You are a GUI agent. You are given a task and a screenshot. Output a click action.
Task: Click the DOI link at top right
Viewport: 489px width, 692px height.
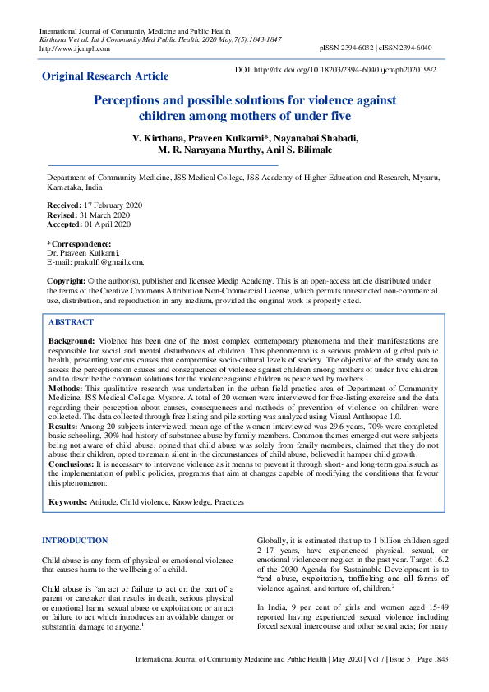pyautogui.click(x=347, y=71)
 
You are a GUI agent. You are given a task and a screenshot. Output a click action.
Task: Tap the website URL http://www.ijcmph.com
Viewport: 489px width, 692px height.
pyautogui.click(x=75, y=48)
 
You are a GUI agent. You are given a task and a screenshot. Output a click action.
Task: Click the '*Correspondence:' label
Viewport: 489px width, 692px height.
pyautogui.click(x=79, y=243)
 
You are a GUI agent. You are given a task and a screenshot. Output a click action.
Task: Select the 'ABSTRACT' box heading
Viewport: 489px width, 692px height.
pyautogui.click(x=71, y=322)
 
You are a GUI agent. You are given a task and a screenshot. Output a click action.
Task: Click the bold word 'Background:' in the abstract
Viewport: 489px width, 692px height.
pyautogui.click(x=72, y=339)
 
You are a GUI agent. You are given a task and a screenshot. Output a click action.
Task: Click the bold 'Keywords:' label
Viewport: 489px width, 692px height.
pyautogui.click(x=70, y=501)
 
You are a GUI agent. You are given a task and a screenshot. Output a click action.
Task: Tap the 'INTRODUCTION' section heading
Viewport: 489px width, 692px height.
pyautogui.click(x=74, y=540)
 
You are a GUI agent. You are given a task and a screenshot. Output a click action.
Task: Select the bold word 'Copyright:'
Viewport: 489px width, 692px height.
pyautogui.click(x=67, y=281)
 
